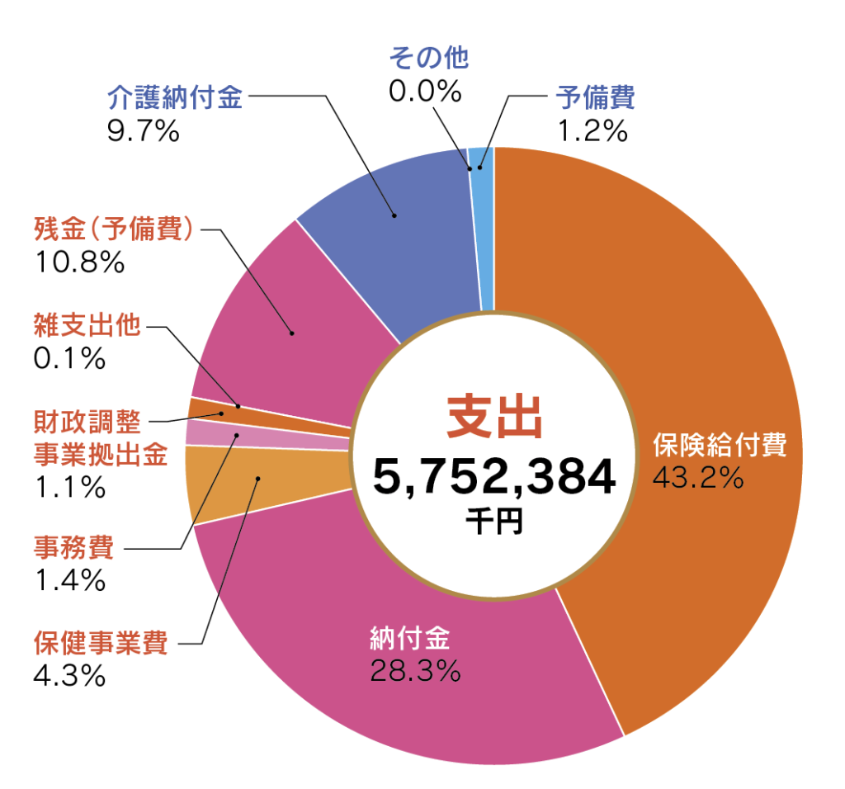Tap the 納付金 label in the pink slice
[409, 640]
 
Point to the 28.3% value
[413, 671]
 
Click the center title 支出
[493, 418]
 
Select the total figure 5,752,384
[493, 478]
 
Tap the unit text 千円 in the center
[493, 521]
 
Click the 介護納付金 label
[175, 98]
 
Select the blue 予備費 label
[595, 98]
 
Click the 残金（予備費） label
[114, 229]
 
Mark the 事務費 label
[74, 547]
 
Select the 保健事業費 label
[101, 642]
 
